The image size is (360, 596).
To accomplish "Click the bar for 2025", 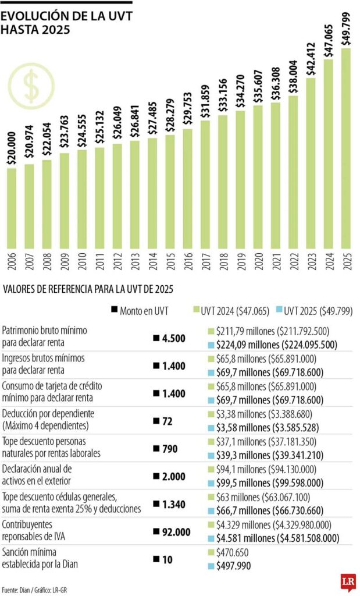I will [x=345, y=151].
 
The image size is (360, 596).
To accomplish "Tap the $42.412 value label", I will [x=311, y=56].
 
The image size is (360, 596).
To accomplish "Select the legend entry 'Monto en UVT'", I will [x=139, y=311].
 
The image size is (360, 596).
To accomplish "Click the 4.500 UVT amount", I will [x=169, y=338].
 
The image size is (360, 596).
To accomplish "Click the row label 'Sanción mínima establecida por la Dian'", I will [x=41, y=558].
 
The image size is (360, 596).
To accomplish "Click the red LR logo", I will [x=348, y=582].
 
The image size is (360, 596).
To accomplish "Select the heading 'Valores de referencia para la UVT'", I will [x=88, y=289].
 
